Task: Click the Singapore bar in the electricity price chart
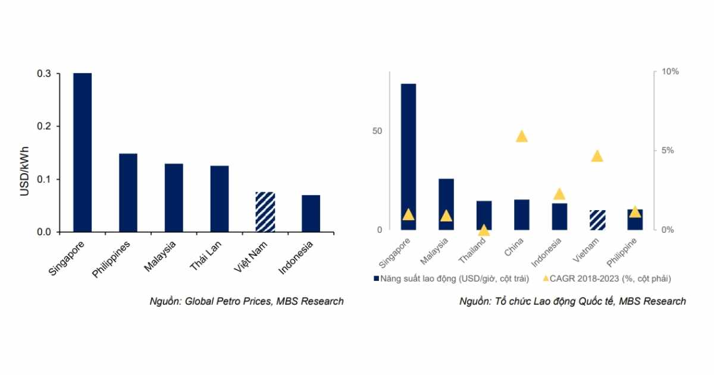click(82, 152)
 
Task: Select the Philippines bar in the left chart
click(128, 192)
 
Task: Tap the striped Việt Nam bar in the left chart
click(265, 211)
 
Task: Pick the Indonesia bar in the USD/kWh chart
click(311, 213)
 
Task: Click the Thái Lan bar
click(219, 198)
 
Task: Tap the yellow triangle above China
click(522, 136)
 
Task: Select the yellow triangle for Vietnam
click(597, 156)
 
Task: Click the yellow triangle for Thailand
click(484, 230)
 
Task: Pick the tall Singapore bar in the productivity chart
click(408, 157)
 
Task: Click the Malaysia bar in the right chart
click(446, 204)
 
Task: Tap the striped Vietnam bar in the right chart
click(597, 220)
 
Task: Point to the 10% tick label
click(670, 72)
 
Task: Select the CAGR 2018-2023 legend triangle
click(546, 278)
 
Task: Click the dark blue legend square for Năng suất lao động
click(375, 278)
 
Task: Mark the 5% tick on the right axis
click(668, 151)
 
